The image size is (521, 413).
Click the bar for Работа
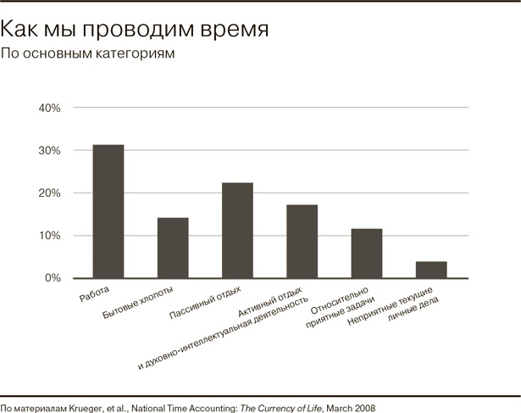tap(108, 211)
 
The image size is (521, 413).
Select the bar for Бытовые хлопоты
tap(173, 248)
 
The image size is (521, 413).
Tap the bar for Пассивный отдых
tap(237, 230)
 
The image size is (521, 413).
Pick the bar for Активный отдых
tap(302, 241)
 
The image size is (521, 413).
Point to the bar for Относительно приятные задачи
tap(366, 253)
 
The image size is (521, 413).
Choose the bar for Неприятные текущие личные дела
tap(430, 269)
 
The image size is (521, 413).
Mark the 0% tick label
tap(53, 278)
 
